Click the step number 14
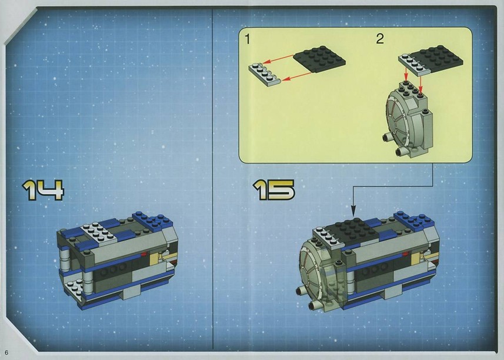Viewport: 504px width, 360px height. click(43, 190)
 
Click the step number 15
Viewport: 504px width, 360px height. click(273, 189)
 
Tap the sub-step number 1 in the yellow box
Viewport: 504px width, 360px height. click(247, 39)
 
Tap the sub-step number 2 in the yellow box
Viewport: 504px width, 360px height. click(380, 39)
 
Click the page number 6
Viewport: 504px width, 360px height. click(6, 352)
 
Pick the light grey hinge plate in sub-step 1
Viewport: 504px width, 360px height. click(265, 75)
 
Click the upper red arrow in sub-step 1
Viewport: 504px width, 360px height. click(278, 59)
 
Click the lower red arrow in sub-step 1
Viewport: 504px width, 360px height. click(297, 76)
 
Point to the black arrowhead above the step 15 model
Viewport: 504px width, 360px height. click(353, 211)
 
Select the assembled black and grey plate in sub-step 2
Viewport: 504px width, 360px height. click(430, 61)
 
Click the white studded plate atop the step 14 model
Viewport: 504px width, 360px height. click(99, 232)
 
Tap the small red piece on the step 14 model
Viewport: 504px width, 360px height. click(144, 254)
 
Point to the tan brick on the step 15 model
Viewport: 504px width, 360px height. click(416, 257)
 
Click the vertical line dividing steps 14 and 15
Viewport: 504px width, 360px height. click(212, 179)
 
